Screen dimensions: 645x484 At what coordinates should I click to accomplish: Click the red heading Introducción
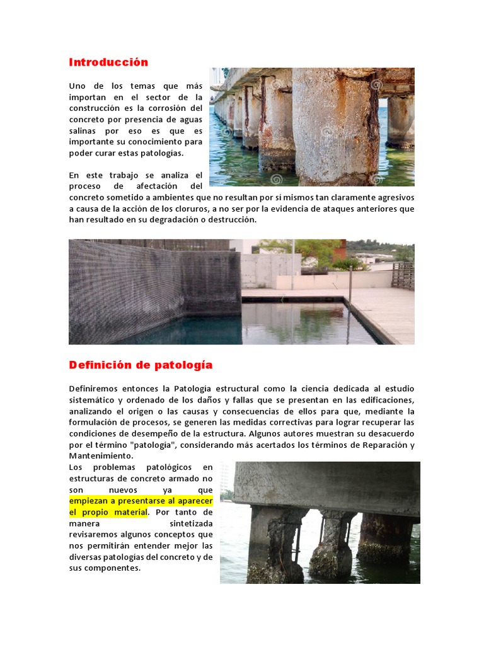point(108,62)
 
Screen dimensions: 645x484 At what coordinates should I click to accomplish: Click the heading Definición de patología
point(141,365)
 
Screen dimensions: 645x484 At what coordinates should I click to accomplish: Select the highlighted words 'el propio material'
point(108,512)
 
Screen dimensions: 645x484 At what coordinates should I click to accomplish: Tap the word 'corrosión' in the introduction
point(175,108)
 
